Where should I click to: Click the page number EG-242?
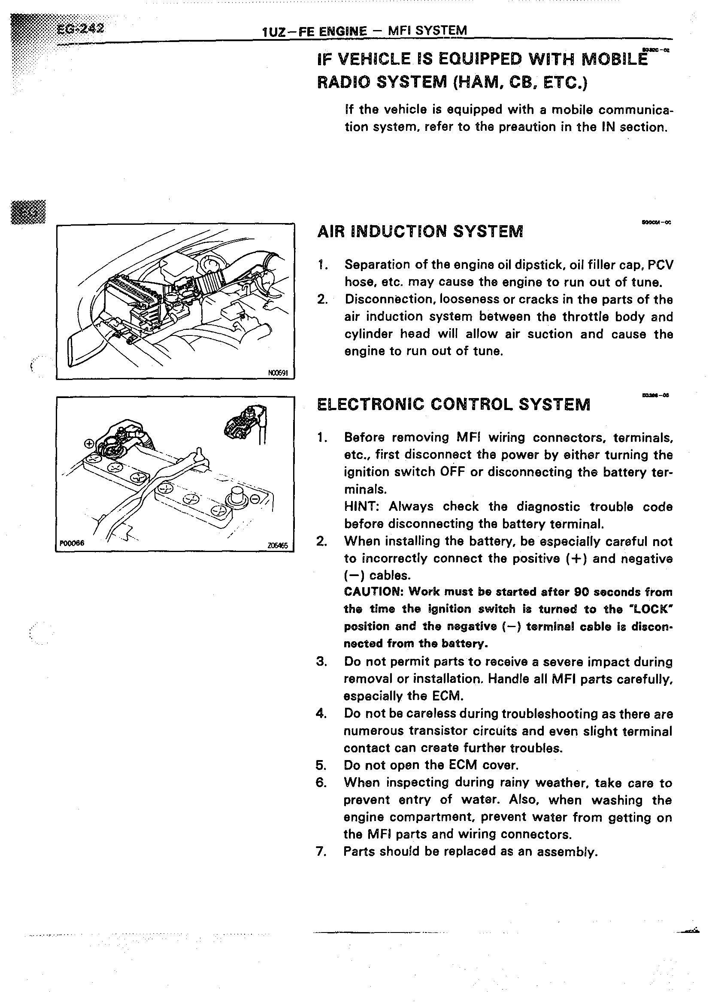pyautogui.click(x=81, y=28)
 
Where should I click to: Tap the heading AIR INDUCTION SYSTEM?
pyautogui.click(x=420, y=231)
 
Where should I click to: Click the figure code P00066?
pyautogui.click(x=72, y=543)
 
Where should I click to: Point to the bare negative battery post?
pyautogui.click(x=236, y=496)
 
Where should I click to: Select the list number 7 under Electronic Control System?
pyautogui.click(x=321, y=851)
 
